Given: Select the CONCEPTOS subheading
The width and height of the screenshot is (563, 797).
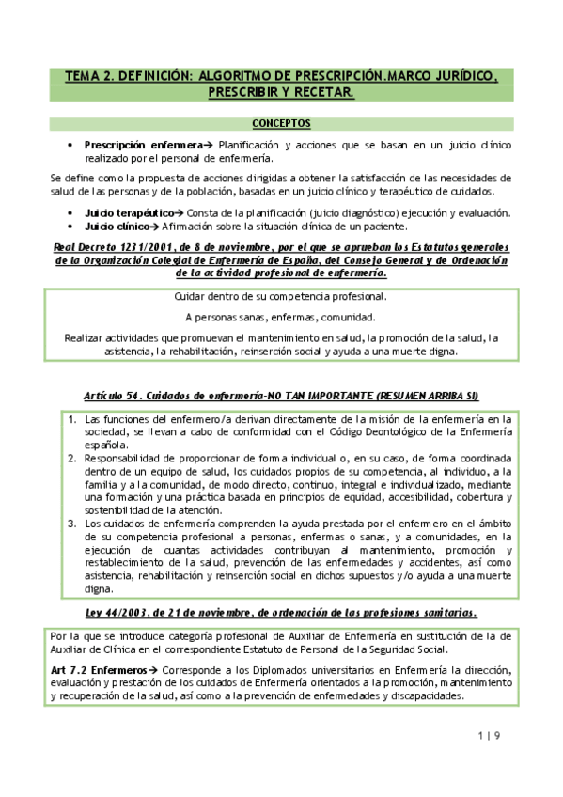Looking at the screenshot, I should (x=282, y=123).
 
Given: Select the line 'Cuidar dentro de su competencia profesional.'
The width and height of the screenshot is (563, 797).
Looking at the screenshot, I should (x=281, y=297).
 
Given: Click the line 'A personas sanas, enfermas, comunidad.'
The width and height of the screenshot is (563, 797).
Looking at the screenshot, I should (x=281, y=317).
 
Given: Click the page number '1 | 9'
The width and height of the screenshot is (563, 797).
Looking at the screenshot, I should (x=488, y=735).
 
